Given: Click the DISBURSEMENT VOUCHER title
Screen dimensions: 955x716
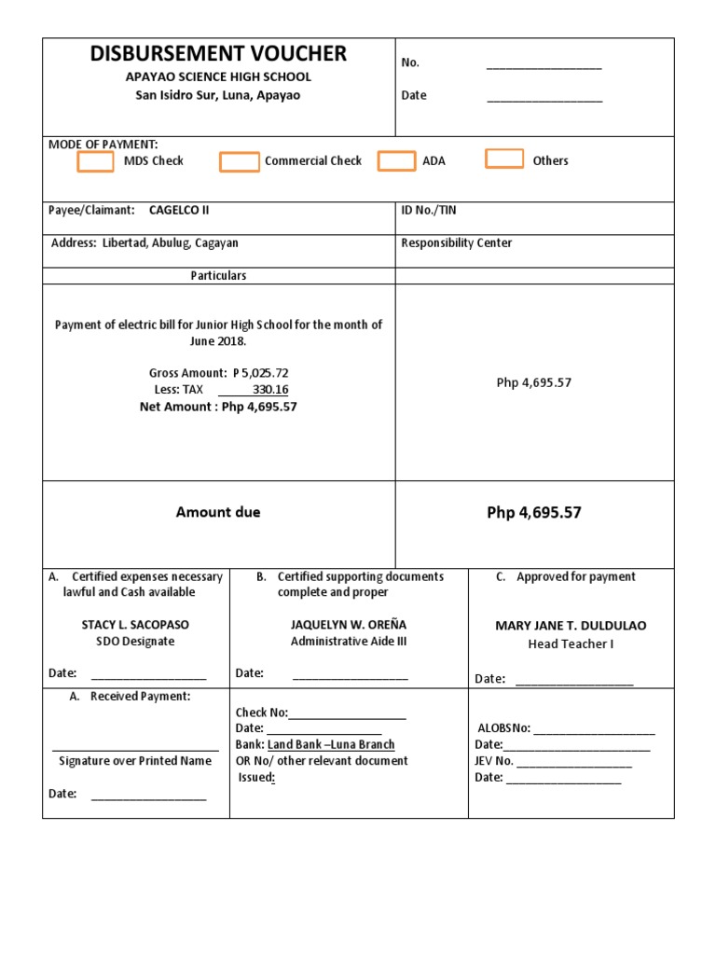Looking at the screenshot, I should (x=218, y=54).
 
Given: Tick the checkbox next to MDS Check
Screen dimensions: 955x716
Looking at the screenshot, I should (x=96, y=161).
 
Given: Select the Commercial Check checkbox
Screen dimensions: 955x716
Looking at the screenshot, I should (x=240, y=161).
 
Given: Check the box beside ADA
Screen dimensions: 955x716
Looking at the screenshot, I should (x=396, y=160).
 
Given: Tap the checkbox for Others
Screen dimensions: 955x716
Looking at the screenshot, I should (x=504, y=159).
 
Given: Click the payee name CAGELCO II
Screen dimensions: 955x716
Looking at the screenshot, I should (x=179, y=211).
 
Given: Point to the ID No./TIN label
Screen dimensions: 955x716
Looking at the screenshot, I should (x=429, y=211).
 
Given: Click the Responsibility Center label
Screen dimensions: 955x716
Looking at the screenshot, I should (x=456, y=243).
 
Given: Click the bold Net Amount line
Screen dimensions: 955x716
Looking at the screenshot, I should (x=218, y=407).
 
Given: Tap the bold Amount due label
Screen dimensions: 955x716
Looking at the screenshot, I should (x=218, y=512).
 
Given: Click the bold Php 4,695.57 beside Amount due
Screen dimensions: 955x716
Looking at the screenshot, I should (x=533, y=513).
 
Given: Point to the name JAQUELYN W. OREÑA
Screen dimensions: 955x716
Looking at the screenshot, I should (x=349, y=625).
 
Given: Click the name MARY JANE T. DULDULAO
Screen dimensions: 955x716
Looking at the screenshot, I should (x=571, y=626).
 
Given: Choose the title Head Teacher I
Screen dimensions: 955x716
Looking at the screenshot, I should (x=571, y=644).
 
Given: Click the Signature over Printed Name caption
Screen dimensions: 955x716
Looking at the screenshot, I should (x=135, y=761).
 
